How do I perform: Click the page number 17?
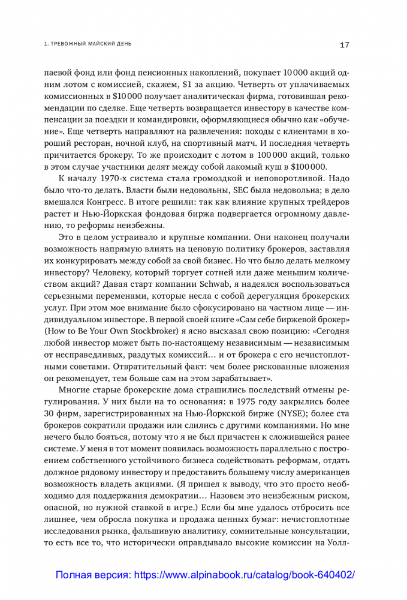coord(345,44)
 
